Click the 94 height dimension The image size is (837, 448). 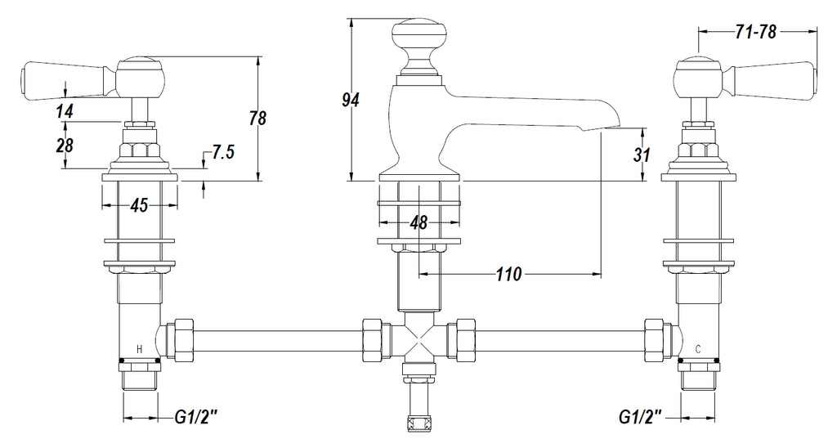pos(351,100)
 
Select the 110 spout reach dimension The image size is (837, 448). pos(508,276)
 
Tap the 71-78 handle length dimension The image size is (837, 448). pos(755,32)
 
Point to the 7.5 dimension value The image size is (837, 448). pos(224,153)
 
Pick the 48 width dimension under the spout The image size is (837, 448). pos(418,222)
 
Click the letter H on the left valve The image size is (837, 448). pos(139,349)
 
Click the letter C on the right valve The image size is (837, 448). pos(697,349)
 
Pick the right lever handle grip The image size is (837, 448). pos(777,78)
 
